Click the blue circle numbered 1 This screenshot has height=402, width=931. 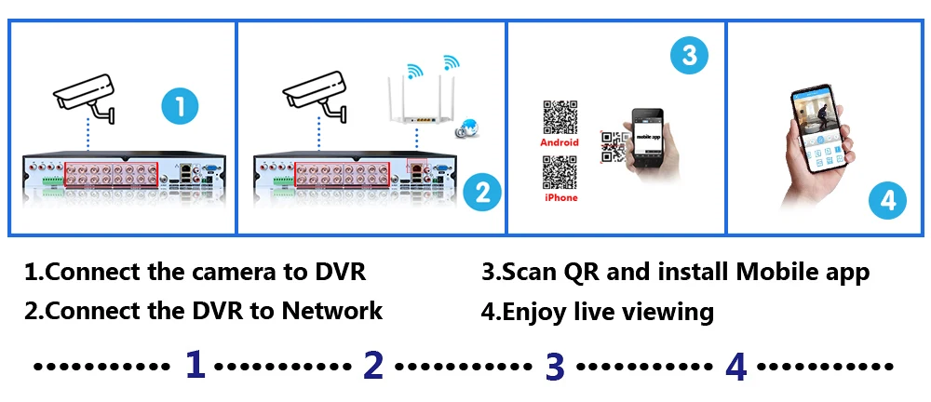(180, 106)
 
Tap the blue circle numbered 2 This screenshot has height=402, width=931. (482, 193)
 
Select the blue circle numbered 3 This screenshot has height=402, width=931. (689, 55)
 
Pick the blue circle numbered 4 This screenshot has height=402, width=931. (888, 201)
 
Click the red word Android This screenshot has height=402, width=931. (560, 142)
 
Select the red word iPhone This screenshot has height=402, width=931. (560, 197)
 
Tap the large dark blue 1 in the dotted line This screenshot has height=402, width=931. (194, 365)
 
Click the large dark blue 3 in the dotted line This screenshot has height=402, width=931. (555, 366)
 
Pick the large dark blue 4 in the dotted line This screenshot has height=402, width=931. (735, 366)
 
